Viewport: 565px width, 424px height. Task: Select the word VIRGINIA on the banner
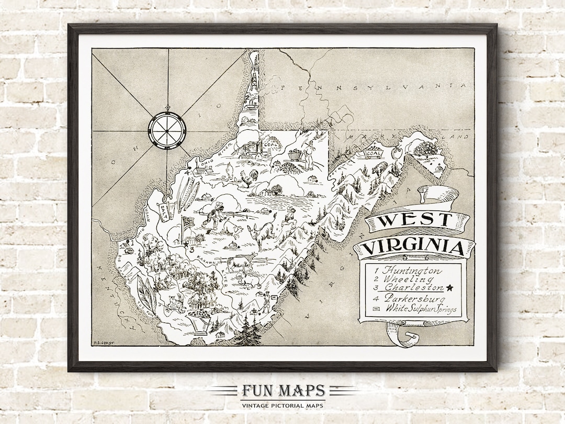413,247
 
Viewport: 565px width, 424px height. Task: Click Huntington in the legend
411,271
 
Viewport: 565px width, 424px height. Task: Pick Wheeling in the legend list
406,279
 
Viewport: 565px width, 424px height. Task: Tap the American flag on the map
187,221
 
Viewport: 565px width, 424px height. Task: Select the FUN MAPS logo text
282,391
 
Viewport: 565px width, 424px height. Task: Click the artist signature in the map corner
104,343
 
